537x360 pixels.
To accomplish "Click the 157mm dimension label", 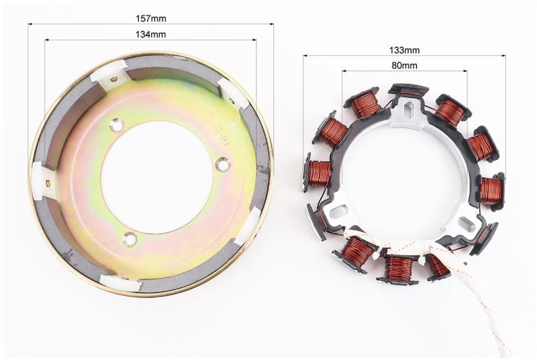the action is click(150, 19).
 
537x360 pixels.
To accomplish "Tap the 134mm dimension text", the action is click(150, 34).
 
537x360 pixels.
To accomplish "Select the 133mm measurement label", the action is click(404, 50).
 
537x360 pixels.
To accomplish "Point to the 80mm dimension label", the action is click(405, 65).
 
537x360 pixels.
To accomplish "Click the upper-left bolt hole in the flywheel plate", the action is click(118, 126).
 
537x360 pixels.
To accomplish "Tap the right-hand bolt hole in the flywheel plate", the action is click(223, 165).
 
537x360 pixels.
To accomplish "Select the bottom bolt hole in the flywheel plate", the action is click(130, 238).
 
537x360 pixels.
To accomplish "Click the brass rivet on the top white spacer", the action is click(113, 80).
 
